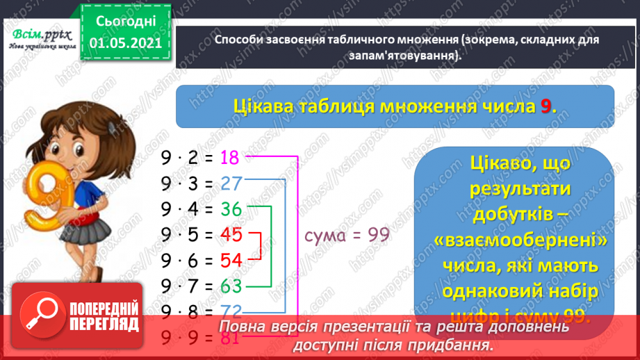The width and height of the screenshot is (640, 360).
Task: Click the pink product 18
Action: pyautogui.click(x=229, y=158)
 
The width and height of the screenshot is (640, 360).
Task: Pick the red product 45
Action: pyautogui.click(x=230, y=235)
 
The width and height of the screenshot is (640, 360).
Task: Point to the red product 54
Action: pyautogui.click(x=230, y=261)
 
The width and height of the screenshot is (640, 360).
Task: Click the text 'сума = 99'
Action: pyautogui.click(x=347, y=235)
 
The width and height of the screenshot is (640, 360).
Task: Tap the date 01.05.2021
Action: pyautogui.click(x=125, y=44)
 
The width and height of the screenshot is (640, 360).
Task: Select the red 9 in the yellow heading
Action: pyautogui.click(x=548, y=106)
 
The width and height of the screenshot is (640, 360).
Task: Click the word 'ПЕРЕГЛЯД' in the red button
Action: pyautogui.click(x=104, y=324)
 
